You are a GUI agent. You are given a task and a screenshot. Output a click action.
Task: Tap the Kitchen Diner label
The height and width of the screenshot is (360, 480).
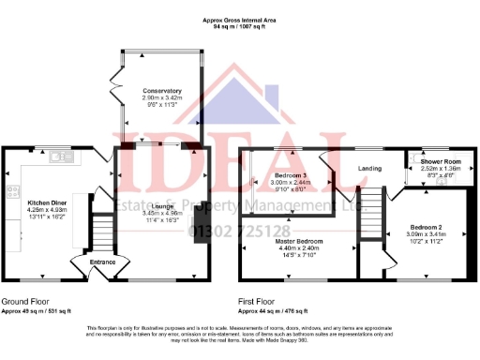tap(45, 202)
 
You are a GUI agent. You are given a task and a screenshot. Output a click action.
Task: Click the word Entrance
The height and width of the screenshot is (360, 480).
tap(102, 262)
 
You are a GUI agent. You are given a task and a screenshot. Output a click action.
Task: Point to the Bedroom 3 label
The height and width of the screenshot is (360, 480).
tap(290, 176)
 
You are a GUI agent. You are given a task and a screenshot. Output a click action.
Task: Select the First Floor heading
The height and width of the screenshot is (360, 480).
tap(262, 301)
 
